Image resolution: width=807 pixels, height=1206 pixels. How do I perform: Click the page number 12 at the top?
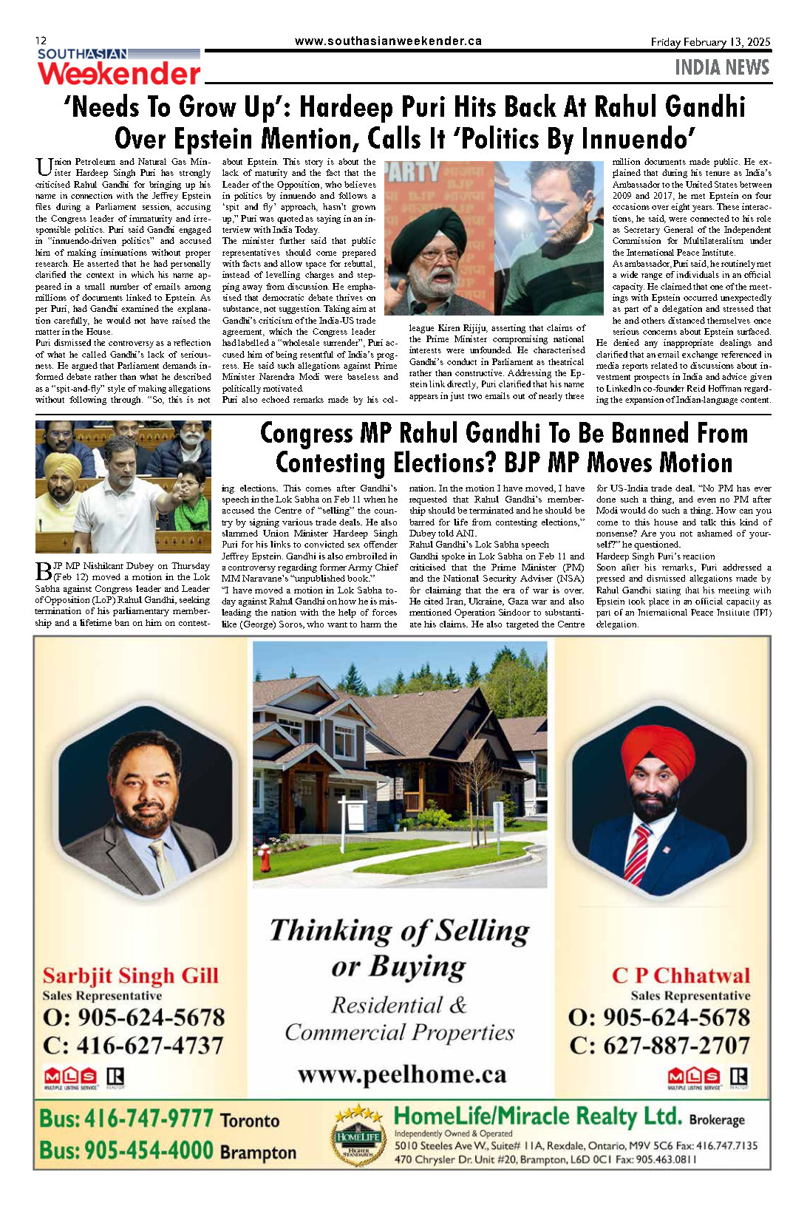coord(41,41)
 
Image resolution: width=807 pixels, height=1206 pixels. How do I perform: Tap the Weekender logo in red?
coord(119,74)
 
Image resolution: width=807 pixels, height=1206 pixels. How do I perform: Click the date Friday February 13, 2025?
coord(710,42)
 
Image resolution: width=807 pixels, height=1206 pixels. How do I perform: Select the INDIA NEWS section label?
coord(722,67)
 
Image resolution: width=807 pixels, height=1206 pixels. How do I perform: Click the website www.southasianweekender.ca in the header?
coord(388,41)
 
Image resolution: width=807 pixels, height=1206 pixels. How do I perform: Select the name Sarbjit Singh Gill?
coord(130,975)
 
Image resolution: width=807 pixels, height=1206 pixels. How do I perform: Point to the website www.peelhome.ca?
coord(402,1074)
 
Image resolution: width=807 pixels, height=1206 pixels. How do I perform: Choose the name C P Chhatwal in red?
coord(681,975)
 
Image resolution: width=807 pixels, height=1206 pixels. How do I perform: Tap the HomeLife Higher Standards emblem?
coord(358,1134)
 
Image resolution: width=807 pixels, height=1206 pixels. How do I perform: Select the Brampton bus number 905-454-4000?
coord(126,1150)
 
